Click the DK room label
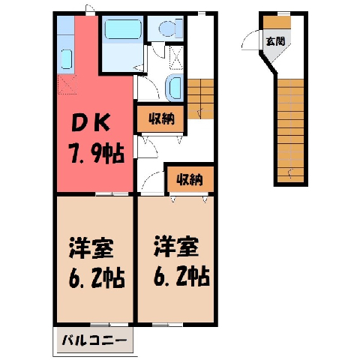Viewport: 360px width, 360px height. point(91,122)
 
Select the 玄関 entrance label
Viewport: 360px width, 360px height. point(275,41)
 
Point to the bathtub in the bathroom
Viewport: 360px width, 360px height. point(122,29)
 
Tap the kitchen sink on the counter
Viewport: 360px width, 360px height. point(67,58)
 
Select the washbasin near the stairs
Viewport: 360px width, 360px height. point(175,88)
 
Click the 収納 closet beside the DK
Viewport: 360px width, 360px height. point(161,119)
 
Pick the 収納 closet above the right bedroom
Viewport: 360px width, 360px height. point(190,179)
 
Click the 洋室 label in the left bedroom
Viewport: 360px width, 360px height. point(91,248)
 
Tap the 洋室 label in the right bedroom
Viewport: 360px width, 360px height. point(176,247)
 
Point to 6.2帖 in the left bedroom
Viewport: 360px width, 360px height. point(97,277)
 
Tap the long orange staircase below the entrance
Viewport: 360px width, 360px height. point(290,130)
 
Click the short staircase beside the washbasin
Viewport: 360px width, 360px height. point(200,99)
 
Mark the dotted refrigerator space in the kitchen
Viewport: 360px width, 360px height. point(67,85)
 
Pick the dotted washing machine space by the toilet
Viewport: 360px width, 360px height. point(176,57)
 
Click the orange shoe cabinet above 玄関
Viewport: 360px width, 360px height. point(277,22)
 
